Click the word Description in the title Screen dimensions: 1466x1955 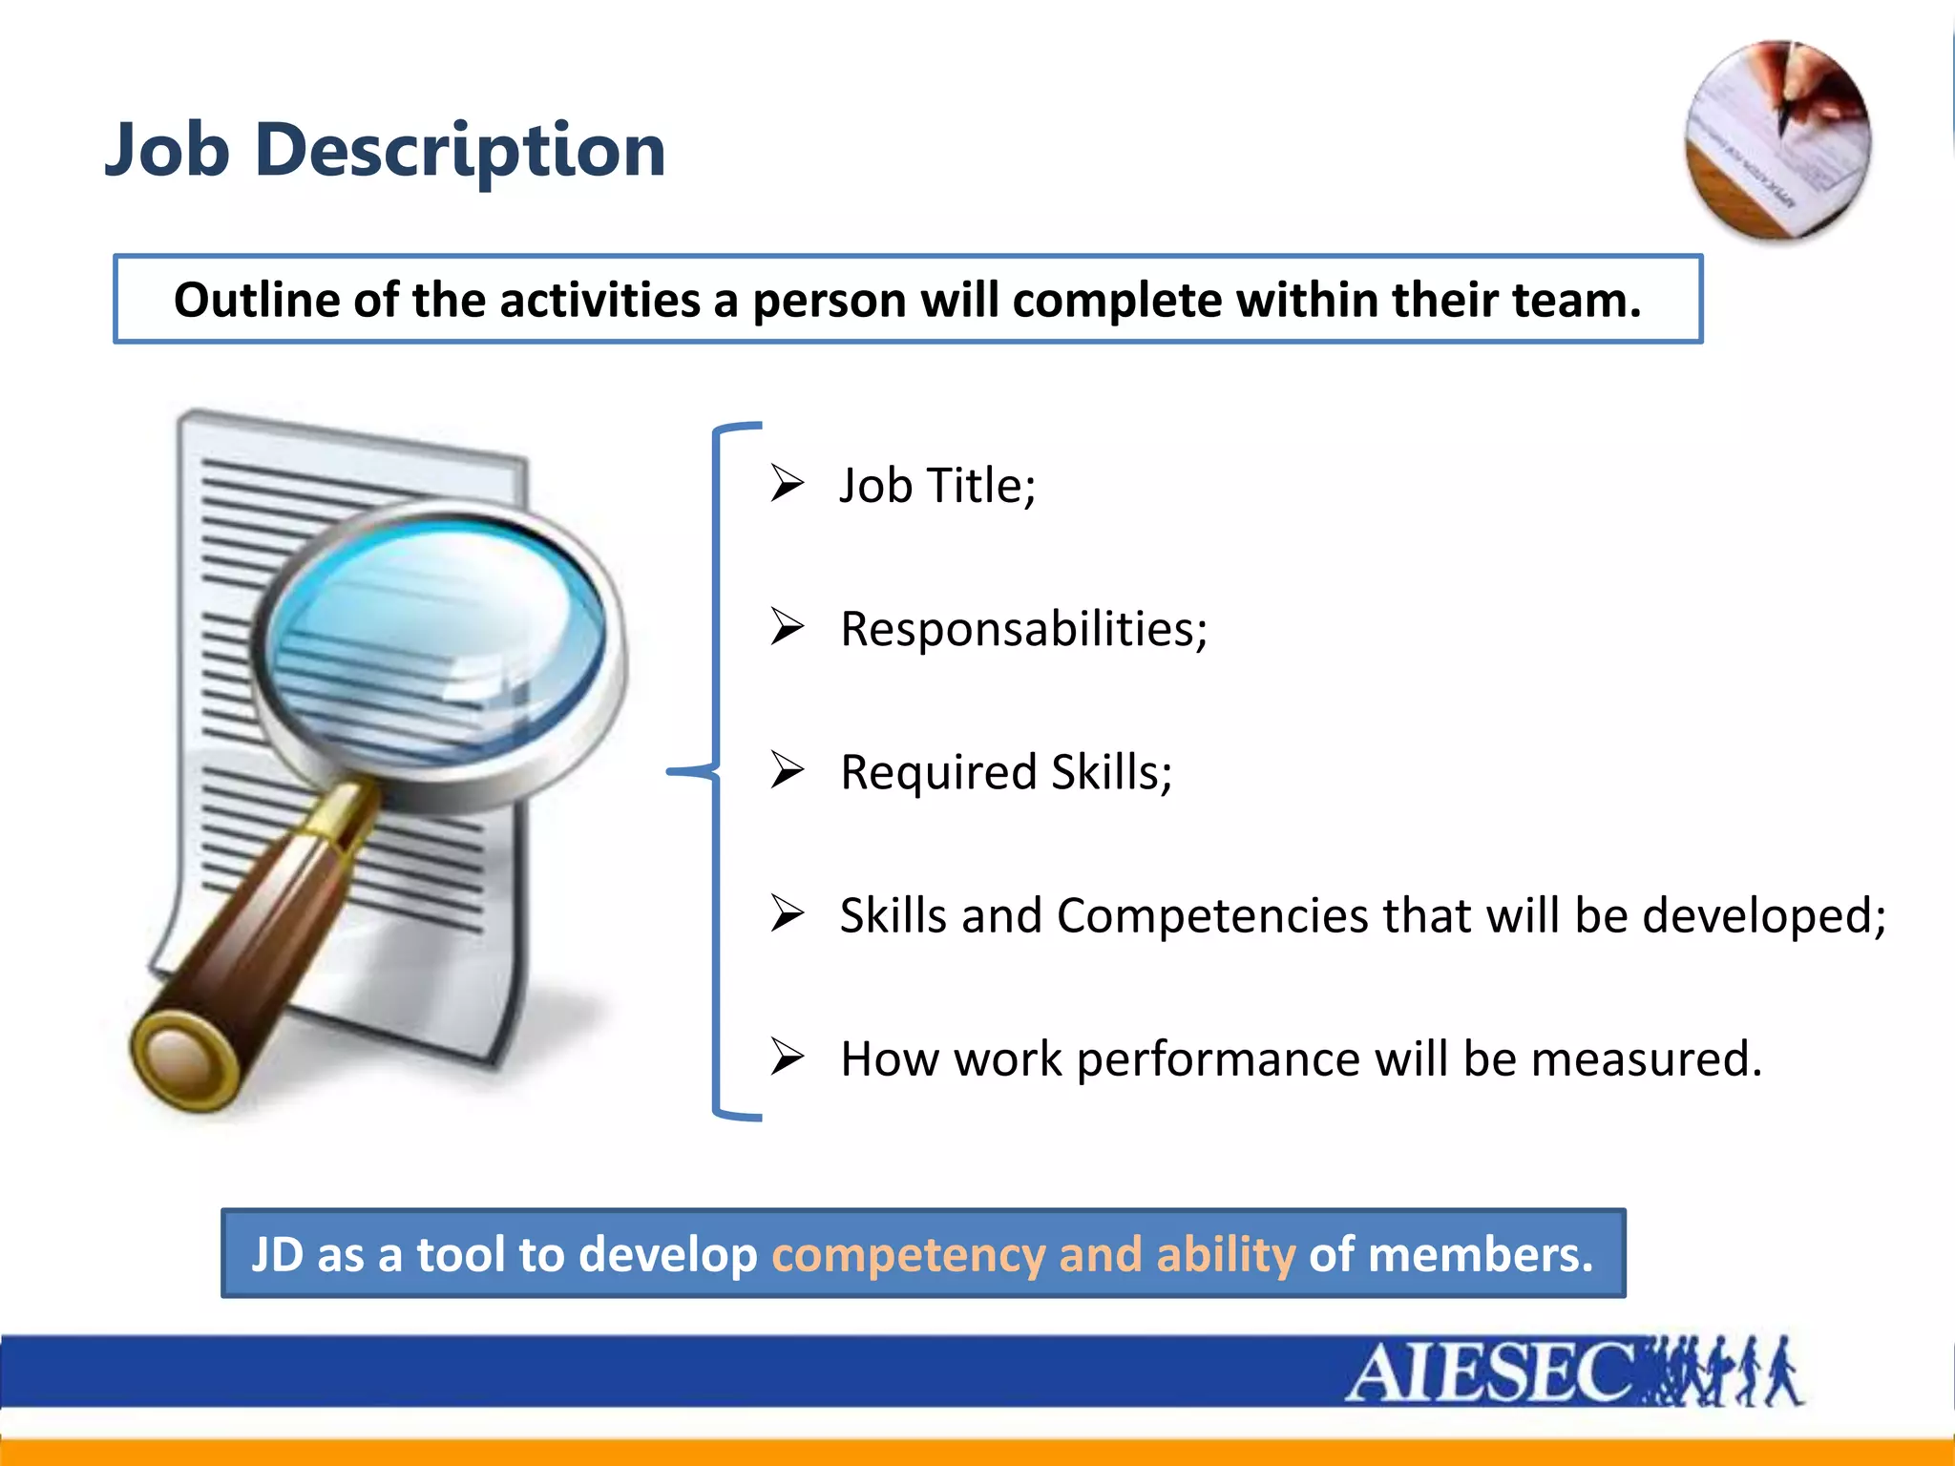460,151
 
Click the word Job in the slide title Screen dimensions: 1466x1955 167,151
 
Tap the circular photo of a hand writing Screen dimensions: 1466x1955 1778,140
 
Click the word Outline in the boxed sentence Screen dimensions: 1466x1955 256,300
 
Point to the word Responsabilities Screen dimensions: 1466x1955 1022,629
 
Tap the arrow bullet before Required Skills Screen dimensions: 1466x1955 788,770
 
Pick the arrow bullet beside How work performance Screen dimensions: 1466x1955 788,1057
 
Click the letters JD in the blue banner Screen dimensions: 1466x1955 278,1254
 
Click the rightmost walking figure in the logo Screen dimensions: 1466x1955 1782,1372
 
